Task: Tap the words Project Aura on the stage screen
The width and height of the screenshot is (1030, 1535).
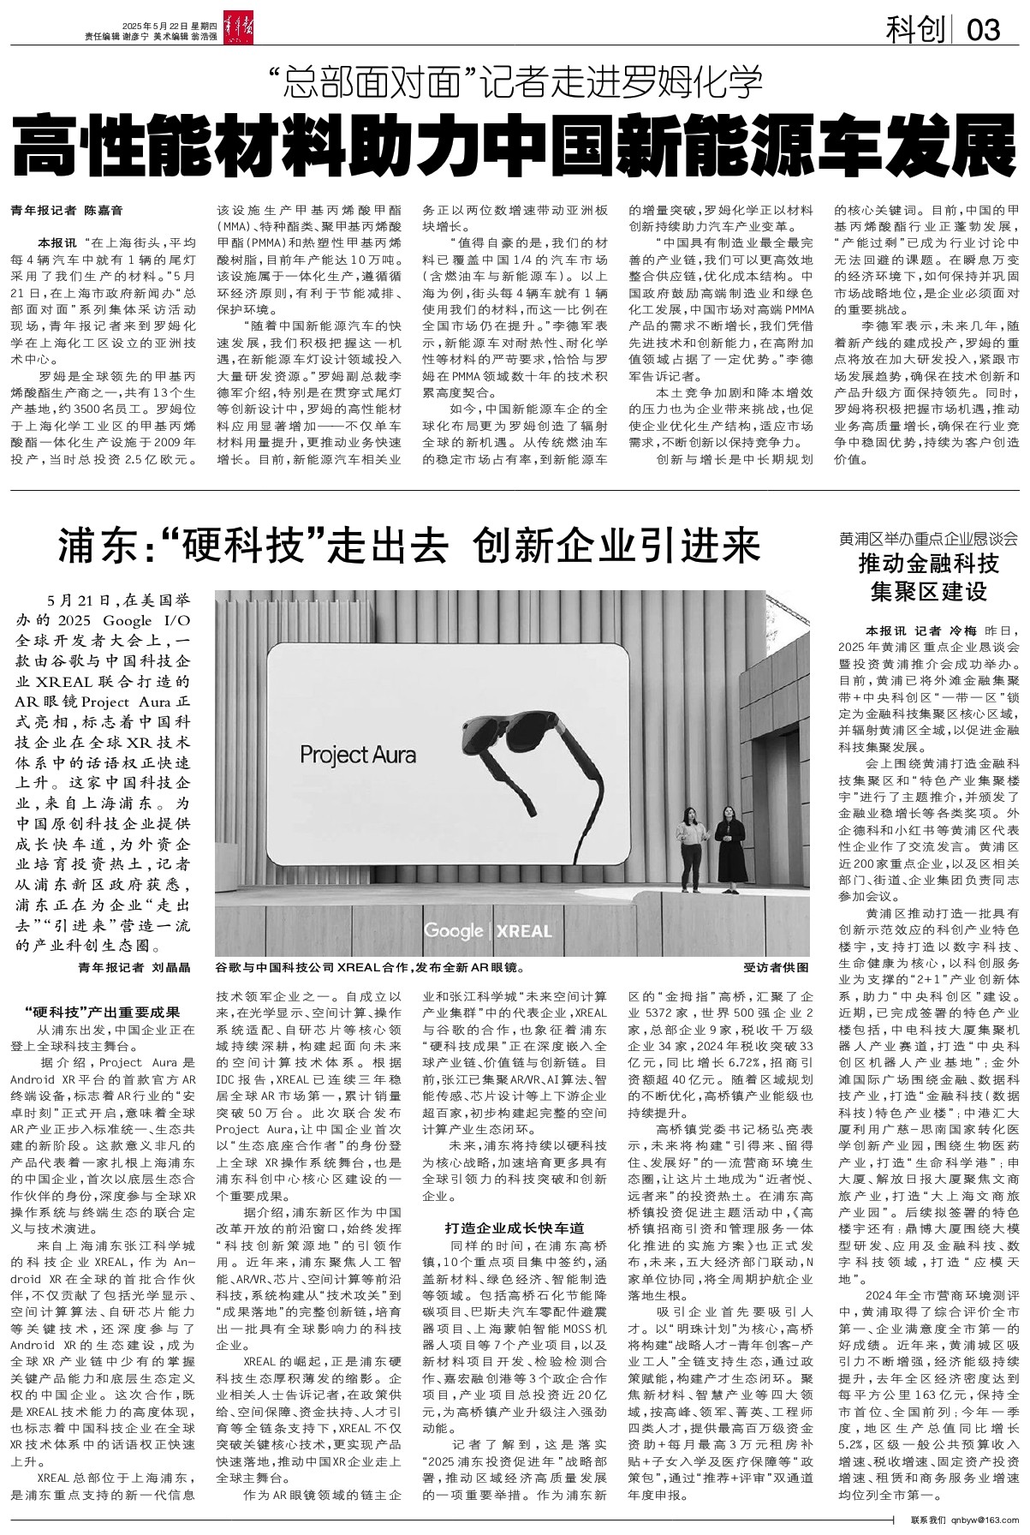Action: pyautogui.click(x=358, y=754)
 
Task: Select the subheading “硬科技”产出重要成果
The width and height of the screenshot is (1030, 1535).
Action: pyautogui.click(x=102, y=1012)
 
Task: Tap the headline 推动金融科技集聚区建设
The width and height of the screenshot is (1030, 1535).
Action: pyautogui.click(x=929, y=577)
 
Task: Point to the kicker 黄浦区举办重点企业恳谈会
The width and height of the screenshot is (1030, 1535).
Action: pyautogui.click(x=929, y=539)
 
